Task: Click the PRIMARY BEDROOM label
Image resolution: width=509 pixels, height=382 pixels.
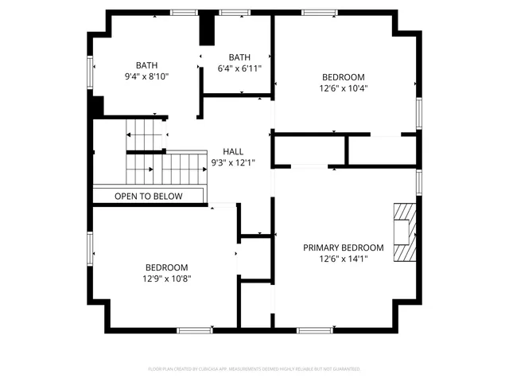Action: pyautogui.click(x=343, y=248)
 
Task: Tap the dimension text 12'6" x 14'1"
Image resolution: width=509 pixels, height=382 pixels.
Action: pyautogui.click(x=343, y=259)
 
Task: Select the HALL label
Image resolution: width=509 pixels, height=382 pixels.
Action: pyautogui.click(x=233, y=151)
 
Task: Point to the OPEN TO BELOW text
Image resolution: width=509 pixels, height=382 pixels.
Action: pyautogui.click(x=148, y=196)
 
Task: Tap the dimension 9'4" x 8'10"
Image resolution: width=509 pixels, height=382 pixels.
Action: pyautogui.click(x=146, y=76)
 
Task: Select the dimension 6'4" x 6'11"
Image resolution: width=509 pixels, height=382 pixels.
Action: pyautogui.click(x=239, y=68)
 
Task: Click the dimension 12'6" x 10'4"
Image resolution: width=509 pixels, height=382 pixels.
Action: pyautogui.click(x=343, y=88)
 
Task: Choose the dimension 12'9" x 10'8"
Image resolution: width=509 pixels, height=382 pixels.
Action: pyautogui.click(x=166, y=279)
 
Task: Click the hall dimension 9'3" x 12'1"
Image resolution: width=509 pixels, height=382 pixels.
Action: pyautogui.click(x=233, y=162)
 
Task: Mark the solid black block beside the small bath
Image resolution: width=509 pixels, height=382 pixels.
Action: pyautogui.click(x=207, y=29)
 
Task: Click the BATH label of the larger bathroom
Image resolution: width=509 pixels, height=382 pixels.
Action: pyautogui.click(x=146, y=65)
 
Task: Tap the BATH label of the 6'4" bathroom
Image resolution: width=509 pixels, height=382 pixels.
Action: pyautogui.click(x=239, y=57)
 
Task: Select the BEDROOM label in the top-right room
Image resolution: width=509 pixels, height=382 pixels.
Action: pyautogui.click(x=343, y=77)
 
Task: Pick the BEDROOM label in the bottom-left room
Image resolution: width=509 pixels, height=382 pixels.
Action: pyautogui.click(x=166, y=267)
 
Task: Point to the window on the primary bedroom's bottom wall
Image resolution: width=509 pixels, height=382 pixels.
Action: pyautogui.click(x=313, y=329)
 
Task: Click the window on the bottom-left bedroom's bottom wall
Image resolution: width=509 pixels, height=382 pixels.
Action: pyautogui.click(x=194, y=329)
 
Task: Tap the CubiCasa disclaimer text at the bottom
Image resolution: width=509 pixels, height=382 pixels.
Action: pyautogui.click(x=254, y=369)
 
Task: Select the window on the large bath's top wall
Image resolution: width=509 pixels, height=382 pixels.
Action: pyautogui.click(x=185, y=12)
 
